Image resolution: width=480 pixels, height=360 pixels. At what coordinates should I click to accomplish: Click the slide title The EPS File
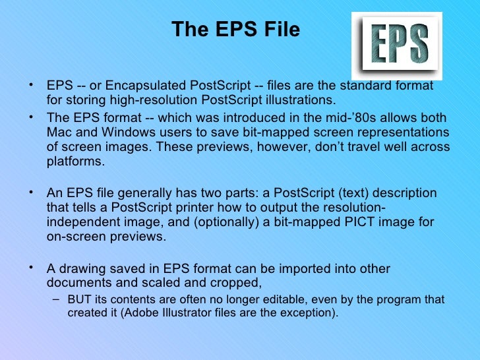tap(235, 30)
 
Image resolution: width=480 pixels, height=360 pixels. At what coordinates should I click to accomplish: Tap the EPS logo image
tap(396, 45)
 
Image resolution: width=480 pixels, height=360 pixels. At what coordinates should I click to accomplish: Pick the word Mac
tap(59, 132)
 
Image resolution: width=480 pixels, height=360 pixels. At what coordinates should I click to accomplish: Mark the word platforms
tap(76, 160)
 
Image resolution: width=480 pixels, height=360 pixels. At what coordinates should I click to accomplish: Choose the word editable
tap(266, 299)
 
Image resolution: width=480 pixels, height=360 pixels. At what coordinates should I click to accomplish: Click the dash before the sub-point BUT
tap(55, 299)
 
